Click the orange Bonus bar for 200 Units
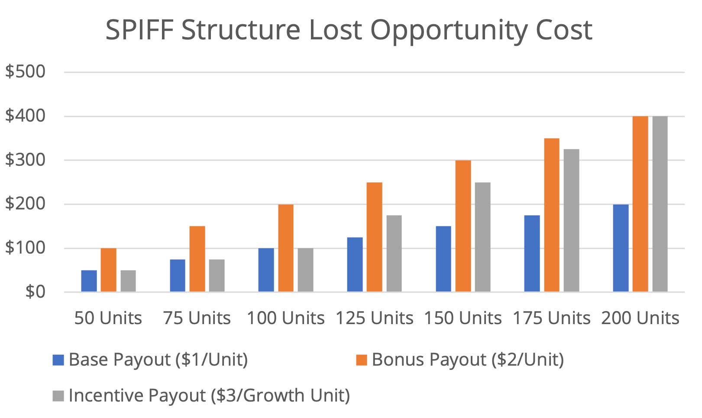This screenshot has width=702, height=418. (x=640, y=204)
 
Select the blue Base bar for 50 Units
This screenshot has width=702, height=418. (x=89, y=281)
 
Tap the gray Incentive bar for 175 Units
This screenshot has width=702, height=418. (x=571, y=220)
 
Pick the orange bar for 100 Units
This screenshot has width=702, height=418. (x=286, y=248)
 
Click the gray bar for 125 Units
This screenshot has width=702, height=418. (x=394, y=254)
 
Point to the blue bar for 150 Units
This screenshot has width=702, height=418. (x=443, y=259)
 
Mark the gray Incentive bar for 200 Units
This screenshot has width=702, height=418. (x=660, y=204)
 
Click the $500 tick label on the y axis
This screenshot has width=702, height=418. (x=25, y=71)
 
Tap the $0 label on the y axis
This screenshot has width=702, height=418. (x=35, y=292)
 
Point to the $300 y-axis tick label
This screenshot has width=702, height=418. (x=25, y=160)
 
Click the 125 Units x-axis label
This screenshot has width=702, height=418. (x=375, y=318)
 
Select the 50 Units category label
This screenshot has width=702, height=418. (x=108, y=318)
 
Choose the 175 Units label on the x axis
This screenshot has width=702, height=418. (x=552, y=318)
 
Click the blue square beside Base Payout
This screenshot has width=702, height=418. (x=58, y=360)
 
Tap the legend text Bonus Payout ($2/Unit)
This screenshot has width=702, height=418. (x=468, y=360)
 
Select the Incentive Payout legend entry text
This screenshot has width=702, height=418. (x=209, y=395)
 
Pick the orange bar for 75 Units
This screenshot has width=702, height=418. (x=197, y=259)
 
